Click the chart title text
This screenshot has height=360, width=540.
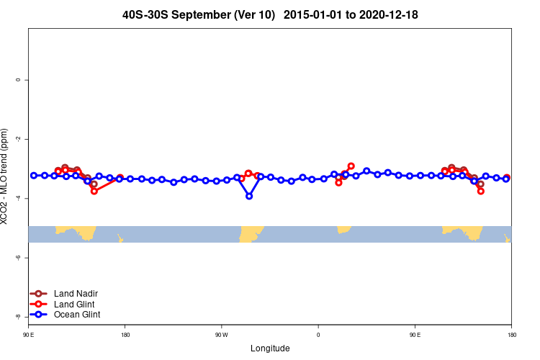click(270, 14)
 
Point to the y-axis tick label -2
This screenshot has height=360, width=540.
click(18, 139)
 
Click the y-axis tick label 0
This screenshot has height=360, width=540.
click(18, 80)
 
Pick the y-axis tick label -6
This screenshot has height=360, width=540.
click(18, 258)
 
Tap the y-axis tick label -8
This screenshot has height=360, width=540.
click(18, 317)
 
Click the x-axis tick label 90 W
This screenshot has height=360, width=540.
click(221, 335)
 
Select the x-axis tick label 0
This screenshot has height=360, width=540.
click(318, 335)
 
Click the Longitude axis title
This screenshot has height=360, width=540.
click(270, 348)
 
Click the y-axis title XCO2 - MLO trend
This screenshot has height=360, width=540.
click(6, 176)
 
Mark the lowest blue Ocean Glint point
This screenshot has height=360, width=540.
click(249, 196)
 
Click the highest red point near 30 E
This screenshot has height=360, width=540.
click(351, 166)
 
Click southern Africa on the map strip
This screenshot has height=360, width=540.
click(343, 229)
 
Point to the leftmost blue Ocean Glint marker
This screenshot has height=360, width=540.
click(34, 176)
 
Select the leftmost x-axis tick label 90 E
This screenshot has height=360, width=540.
click(28, 335)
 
